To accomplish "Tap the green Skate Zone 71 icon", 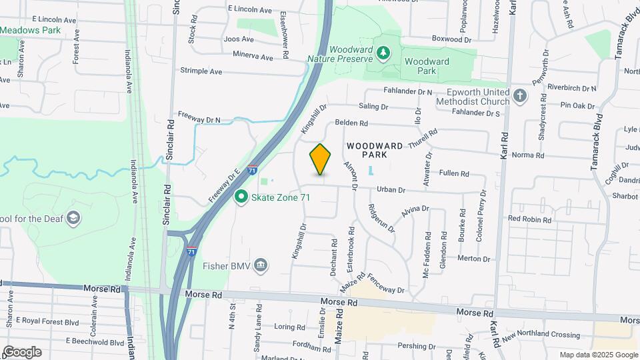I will coord(241,197).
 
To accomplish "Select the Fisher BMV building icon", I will coord(261,267).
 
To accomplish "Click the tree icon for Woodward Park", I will coord(383,52).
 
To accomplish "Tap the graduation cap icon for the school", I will coord(73,219).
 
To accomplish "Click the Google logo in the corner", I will coord(21,352).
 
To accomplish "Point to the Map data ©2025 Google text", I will coord(598,355).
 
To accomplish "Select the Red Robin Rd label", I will coord(530,219).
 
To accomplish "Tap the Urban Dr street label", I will coord(391,190).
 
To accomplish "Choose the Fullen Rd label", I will coord(454,173).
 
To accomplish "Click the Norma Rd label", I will coord(528,155).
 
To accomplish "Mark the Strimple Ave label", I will coord(201,71).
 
